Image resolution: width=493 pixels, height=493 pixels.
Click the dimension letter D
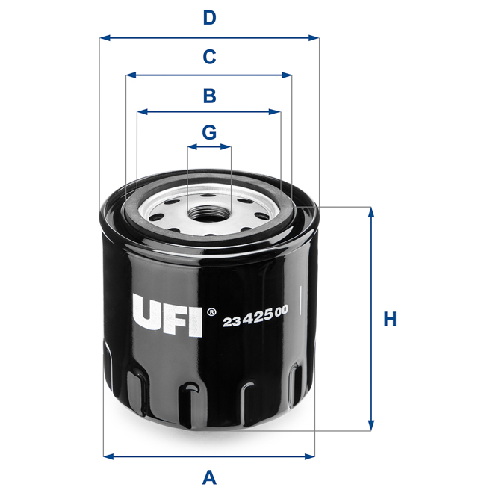tap(209, 18)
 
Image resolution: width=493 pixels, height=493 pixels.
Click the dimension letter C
tap(209, 56)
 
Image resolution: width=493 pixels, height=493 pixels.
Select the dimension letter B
tap(209, 95)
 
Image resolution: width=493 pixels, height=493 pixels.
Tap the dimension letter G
tap(209, 132)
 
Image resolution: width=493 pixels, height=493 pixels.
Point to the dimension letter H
tap(389, 319)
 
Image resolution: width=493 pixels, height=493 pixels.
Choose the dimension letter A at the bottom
tap(209, 476)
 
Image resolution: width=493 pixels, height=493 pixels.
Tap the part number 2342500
tap(255, 320)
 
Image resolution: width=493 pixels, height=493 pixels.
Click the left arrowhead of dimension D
tap(104, 36)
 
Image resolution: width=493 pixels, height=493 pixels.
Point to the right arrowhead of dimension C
tap(288, 75)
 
